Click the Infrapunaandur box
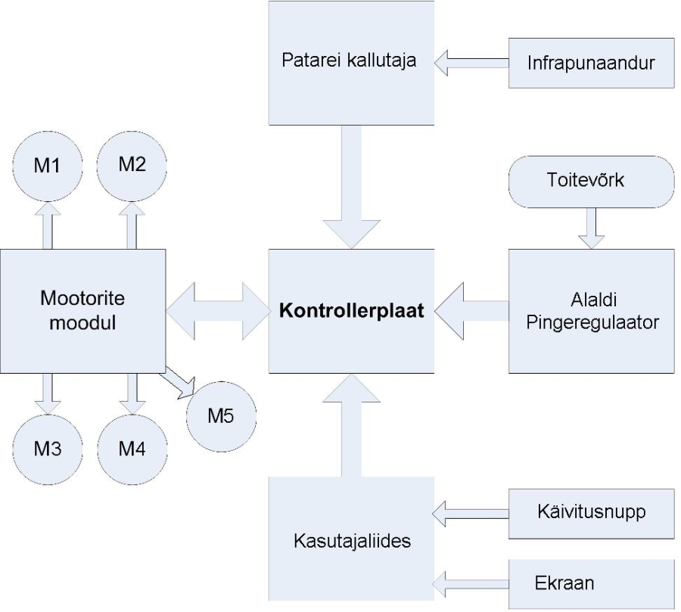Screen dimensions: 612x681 (590, 61)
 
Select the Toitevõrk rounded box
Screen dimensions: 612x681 (590, 182)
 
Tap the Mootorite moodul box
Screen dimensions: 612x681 (82, 311)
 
